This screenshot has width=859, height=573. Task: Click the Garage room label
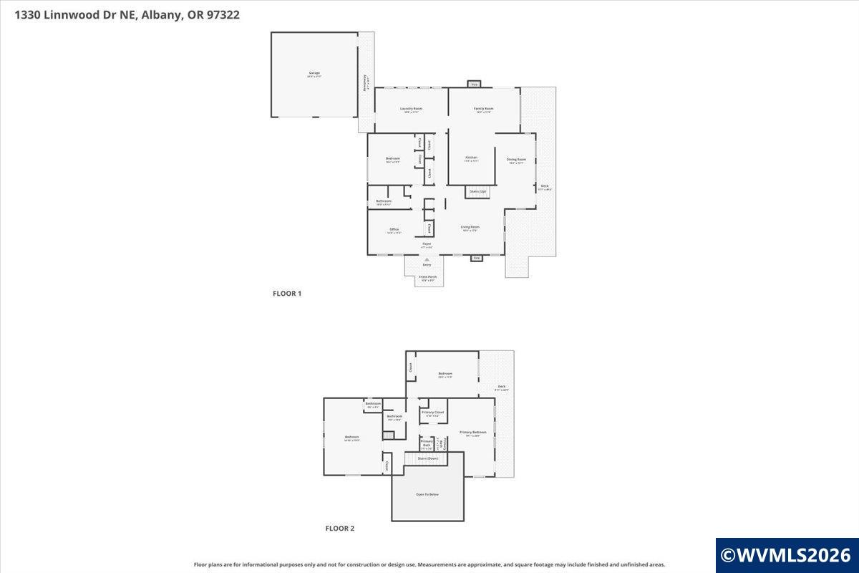pyautogui.click(x=314, y=74)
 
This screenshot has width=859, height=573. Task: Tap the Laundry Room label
pyautogui.click(x=412, y=110)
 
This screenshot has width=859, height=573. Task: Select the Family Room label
pyautogui.click(x=484, y=110)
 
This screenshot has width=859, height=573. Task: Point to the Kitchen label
pyautogui.click(x=471, y=158)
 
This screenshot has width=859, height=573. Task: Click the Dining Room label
pyautogui.click(x=516, y=160)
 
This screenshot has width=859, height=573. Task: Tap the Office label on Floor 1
pyautogui.click(x=394, y=230)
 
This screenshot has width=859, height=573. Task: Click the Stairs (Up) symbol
pyautogui.click(x=477, y=192)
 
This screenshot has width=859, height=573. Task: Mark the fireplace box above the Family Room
pyautogui.click(x=474, y=85)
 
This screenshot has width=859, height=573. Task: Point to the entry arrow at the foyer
pyautogui.click(x=427, y=259)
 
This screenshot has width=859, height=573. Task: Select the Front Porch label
pyautogui.click(x=427, y=278)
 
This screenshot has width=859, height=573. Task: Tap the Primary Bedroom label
pyautogui.click(x=472, y=433)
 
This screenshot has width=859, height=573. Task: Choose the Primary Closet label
pyautogui.click(x=433, y=413)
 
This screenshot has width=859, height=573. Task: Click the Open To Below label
pyautogui.click(x=427, y=494)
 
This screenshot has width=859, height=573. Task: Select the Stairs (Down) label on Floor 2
pyautogui.click(x=427, y=458)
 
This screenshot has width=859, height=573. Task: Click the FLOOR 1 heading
pyautogui.click(x=287, y=294)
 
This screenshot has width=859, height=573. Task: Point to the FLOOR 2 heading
pyautogui.click(x=340, y=529)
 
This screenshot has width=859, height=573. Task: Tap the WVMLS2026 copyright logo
pyautogui.click(x=786, y=555)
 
